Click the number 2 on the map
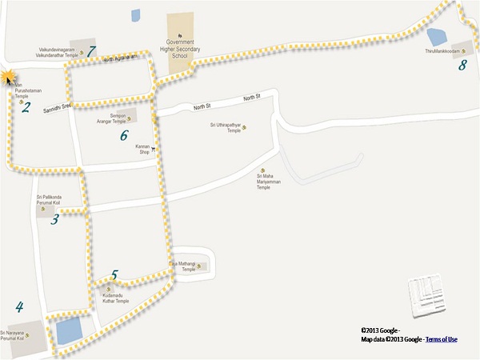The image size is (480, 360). tap(26, 107)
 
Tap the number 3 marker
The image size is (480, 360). tap(54, 219)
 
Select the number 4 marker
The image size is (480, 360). tap(19, 306)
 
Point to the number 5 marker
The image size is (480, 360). tap(114, 275)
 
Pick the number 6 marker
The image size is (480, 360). tap(124, 135)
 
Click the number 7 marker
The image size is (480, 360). tap(91, 51)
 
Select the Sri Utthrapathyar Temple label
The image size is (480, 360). tap(225, 127)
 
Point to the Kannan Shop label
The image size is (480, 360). tap(142, 149)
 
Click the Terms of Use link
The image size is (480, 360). tap(441, 340)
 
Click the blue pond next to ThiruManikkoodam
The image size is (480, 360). tap(437, 36)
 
